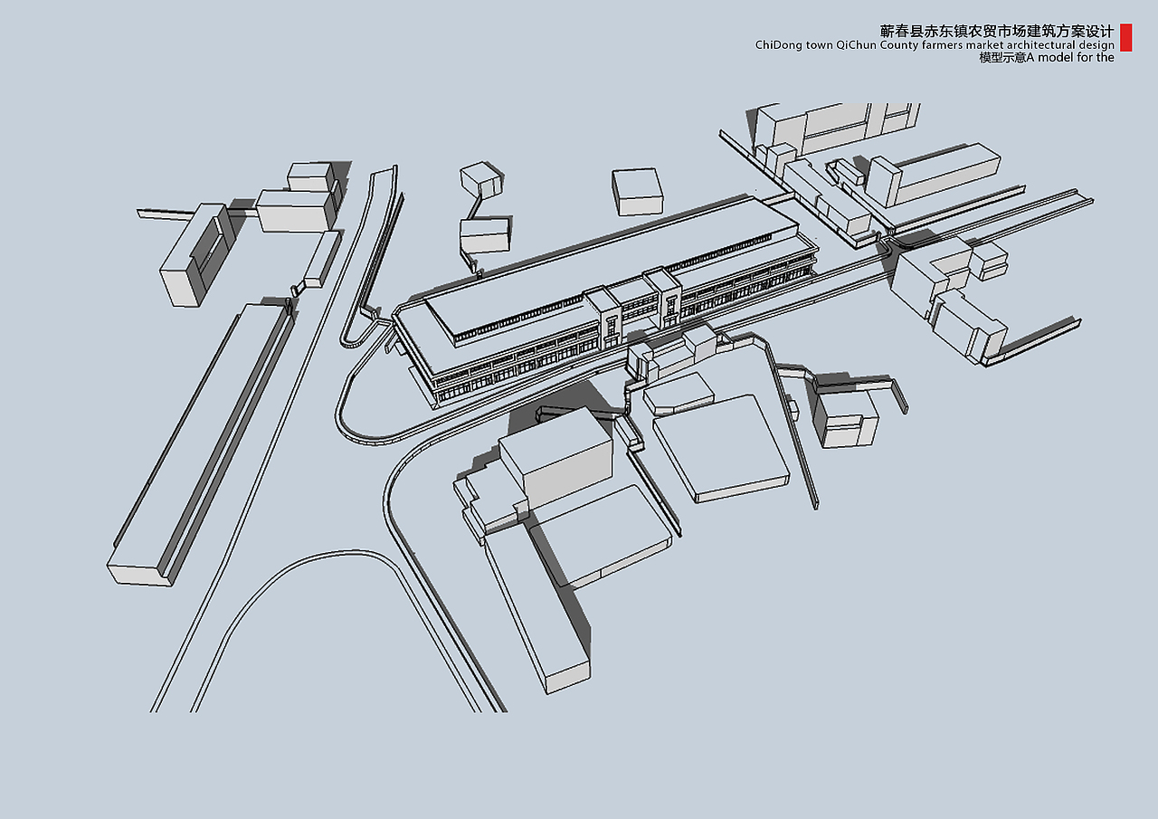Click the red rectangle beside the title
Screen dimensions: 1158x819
pyautogui.click(x=1126, y=38)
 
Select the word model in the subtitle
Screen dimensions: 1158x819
pyautogui.click(x=1054, y=57)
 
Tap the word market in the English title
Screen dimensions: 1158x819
pyautogui.click(x=989, y=45)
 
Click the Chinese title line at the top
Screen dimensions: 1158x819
pyautogui.click(x=996, y=31)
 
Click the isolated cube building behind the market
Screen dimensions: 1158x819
pyautogui.click(x=638, y=191)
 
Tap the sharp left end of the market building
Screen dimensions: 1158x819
pyautogui.click(x=394, y=314)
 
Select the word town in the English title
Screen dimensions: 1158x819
pyautogui.click(x=819, y=45)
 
